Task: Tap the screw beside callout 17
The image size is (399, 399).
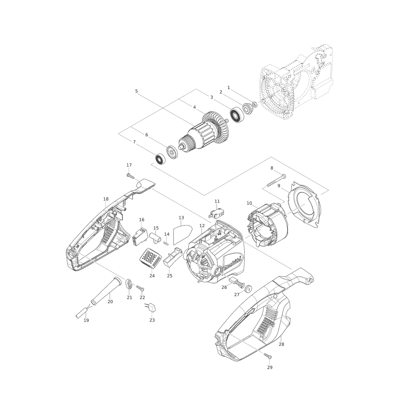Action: tap(131, 176)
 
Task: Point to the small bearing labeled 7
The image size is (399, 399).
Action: tap(160, 159)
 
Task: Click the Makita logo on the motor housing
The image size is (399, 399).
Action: tap(232, 265)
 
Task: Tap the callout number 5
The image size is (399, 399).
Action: tap(136, 91)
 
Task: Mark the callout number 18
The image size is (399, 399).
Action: tap(106, 199)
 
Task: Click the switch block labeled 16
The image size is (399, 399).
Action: tap(139, 236)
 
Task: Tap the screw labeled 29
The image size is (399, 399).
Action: tap(268, 356)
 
